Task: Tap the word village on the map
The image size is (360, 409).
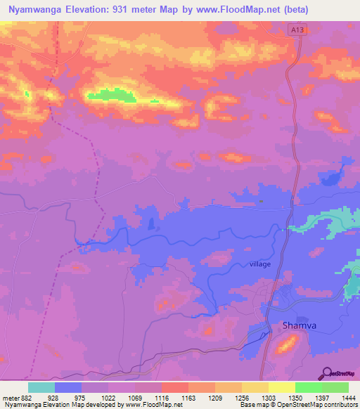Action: click(x=259, y=264)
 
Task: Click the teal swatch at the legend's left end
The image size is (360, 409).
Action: click(x=41, y=387)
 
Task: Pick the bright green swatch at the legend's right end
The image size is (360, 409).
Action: click(x=335, y=387)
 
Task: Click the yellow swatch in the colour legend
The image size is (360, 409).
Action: click(x=281, y=387)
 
